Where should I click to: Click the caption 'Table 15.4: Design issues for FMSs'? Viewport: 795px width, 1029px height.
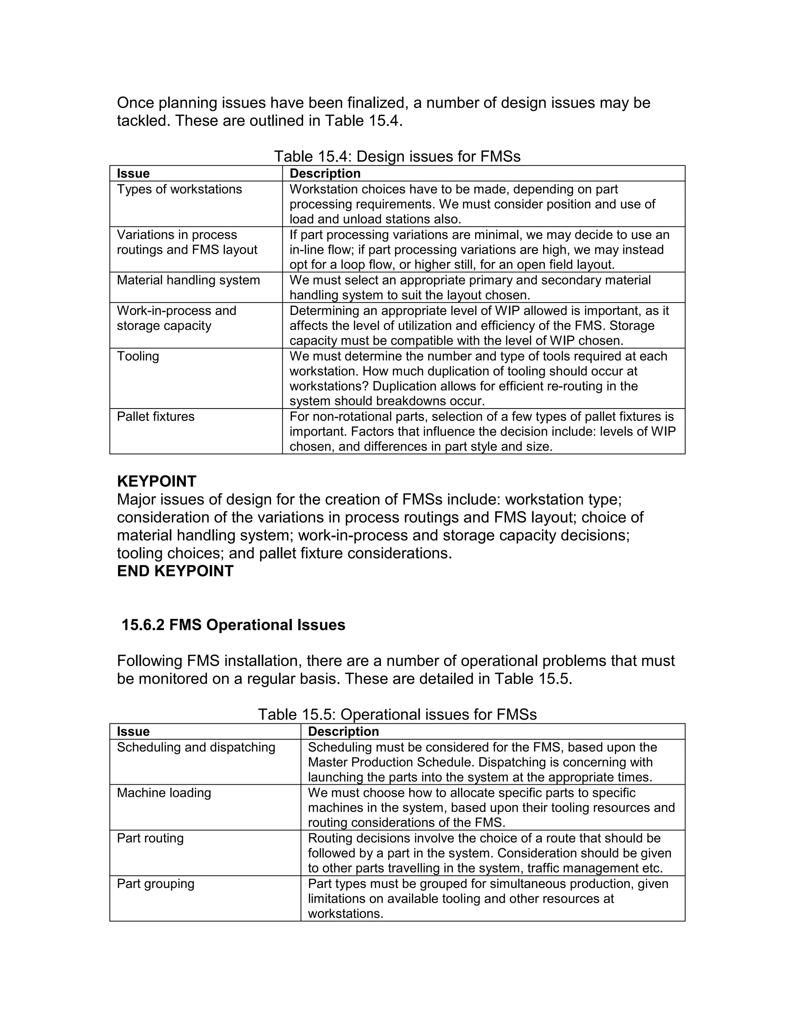coord(397,156)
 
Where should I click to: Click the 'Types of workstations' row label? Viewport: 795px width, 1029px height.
coord(179,189)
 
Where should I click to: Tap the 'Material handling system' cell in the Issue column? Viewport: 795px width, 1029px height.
coord(188,280)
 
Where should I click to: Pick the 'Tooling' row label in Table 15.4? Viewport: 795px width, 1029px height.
coord(137,356)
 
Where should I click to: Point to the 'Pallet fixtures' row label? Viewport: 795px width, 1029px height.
coord(155,417)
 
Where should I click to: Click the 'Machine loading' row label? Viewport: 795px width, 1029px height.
coord(163,793)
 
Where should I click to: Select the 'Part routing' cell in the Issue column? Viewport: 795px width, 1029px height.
coord(150,838)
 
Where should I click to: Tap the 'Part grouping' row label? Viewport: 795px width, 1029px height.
coord(155,883)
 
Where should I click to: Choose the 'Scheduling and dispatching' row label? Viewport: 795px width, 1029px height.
coord(196,747)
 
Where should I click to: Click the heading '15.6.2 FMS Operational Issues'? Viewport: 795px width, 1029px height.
coord(233,625)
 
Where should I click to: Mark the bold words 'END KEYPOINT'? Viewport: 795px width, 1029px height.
coord(175,571)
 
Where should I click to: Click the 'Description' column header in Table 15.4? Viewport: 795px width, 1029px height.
coord(325,174)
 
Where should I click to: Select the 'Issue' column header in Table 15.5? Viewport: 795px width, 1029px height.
coord(133,731)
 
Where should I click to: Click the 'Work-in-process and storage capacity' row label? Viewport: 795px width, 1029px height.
coord(176,318)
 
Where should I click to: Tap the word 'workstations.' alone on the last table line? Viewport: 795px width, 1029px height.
coord(345,914)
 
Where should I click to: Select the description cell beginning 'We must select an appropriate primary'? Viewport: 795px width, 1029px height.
coord(470,287)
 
